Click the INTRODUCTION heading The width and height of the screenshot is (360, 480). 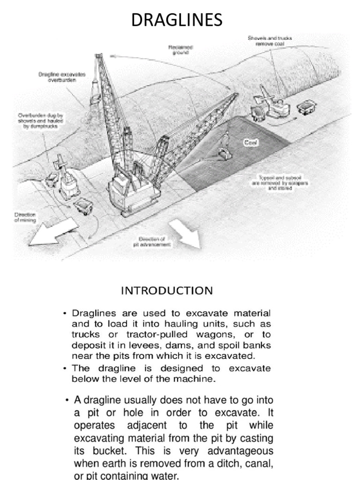tap(167, 291)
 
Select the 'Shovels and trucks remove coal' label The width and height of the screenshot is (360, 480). tap(270, 40)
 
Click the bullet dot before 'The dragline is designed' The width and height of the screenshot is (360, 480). tap(65, 369)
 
